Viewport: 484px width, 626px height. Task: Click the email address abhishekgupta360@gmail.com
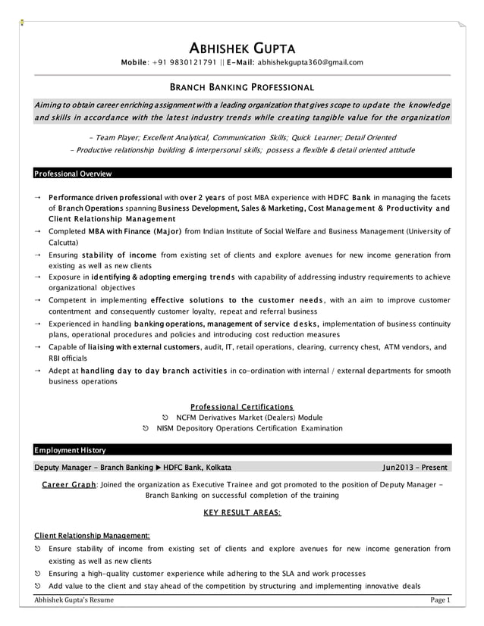[x=311, y=62]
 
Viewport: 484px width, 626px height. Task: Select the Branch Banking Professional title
[x=242, y=87]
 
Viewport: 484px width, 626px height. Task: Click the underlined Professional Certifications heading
[x=242, y=406]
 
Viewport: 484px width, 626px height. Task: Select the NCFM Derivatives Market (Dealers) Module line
[x=249, y=418]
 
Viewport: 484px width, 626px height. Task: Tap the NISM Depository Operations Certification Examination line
[x=249, y=428]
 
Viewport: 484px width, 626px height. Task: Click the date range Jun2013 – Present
[x=414, y=467]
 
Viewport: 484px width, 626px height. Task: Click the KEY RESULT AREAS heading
[x=242, y=513]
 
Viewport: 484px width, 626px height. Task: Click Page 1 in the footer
[x=439, y=601]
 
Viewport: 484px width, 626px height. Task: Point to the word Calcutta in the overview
[x=63, y=243]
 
